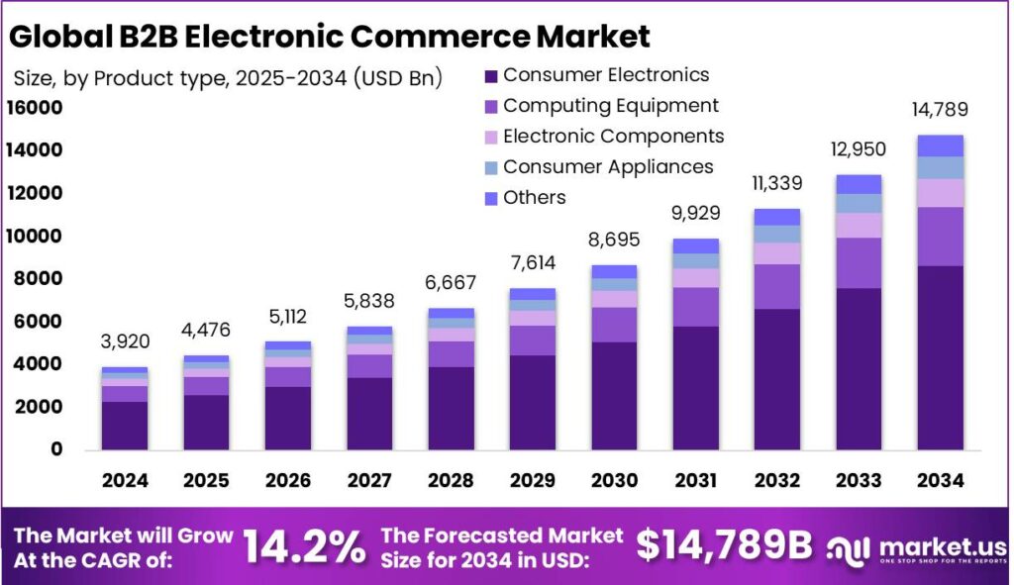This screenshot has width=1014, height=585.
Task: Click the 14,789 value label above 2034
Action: [940, 110]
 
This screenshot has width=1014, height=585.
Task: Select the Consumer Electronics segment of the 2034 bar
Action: [940, 356]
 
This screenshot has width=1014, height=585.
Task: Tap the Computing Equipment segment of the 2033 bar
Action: [858, 262]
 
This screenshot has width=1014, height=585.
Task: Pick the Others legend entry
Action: [534, 198]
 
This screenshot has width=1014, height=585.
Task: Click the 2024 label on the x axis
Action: [125, 481]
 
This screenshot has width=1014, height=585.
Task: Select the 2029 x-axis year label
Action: [532, 481]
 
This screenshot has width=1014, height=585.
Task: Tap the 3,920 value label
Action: [125, 343]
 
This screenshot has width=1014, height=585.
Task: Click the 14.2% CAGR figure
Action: [304, 544]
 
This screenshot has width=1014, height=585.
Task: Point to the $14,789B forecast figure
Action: [724, 544]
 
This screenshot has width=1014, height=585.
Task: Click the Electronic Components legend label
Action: [613, 137]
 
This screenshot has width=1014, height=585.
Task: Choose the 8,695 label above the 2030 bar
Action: [614, 241]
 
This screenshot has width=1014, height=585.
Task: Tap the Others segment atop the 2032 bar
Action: [776, 217]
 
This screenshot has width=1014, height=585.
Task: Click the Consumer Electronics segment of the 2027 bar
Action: [368, 413]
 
